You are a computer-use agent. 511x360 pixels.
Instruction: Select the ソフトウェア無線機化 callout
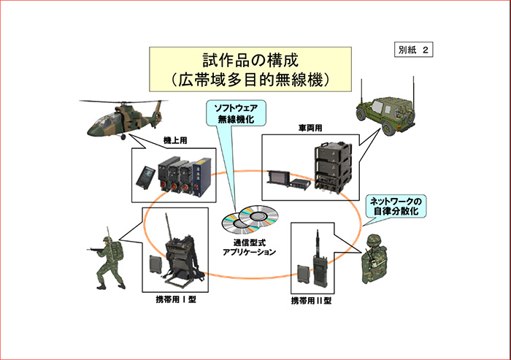point(235,113)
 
